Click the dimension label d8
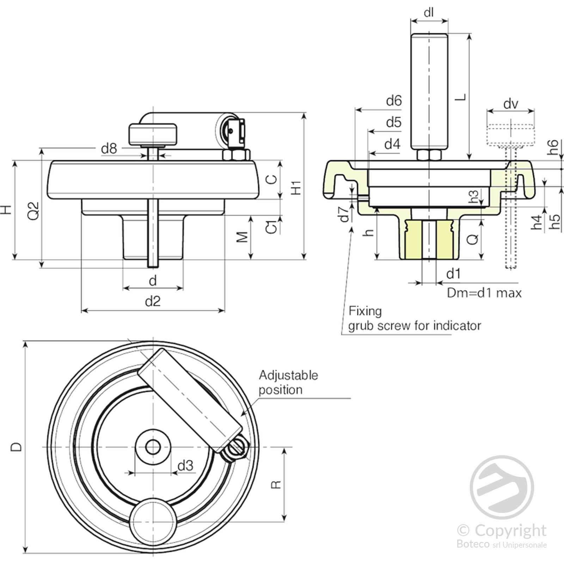[109, 149]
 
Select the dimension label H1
[296, 188]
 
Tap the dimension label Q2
[34, 210]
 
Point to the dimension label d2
[153, 301]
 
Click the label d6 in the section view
[394, 101]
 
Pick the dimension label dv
[511, 104]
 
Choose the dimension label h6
[553, 147]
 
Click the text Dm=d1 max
[484, 293]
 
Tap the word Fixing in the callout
[365, 311]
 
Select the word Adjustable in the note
[288, 375]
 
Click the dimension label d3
[185, 466]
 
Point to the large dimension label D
[16, 447]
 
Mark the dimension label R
[276, 485]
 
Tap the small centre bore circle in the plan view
[153, 447]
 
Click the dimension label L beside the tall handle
[460, 97]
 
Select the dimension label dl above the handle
[429, 13]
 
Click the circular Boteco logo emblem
[502, 487]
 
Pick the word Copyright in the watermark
[510, 530]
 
